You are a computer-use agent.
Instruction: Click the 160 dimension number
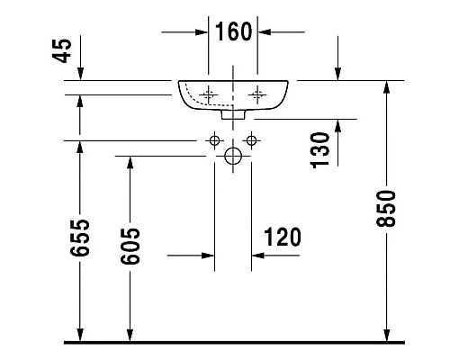[234, 31]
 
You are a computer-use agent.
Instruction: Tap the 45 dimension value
[62, 50]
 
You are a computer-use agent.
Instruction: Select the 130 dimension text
[319, 150]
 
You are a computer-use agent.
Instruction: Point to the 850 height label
[386, 208]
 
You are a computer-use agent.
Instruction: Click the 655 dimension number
[80, 238]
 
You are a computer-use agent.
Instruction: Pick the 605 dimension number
[130, 247]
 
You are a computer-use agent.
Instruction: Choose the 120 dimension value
[283, 237]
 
